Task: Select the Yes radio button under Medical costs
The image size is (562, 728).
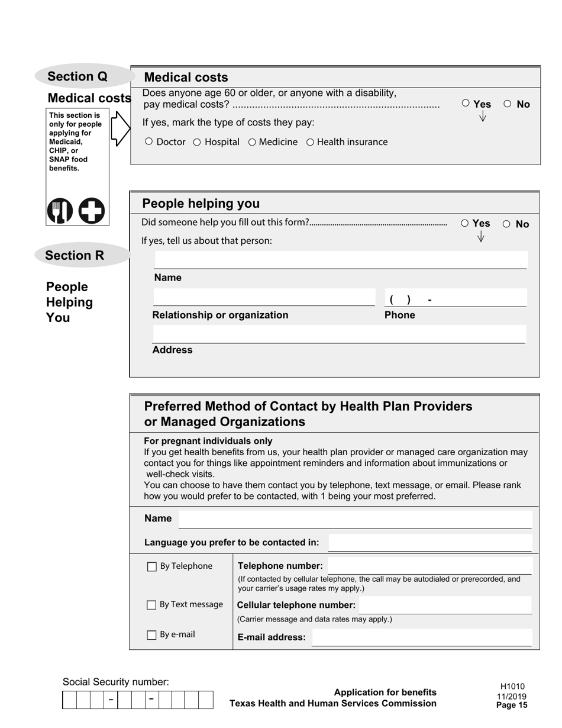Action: coord(466,104)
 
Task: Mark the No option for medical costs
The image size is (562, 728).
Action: coord(507,104)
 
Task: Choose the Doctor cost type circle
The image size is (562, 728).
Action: coord(149,141)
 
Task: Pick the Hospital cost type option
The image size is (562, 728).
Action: coord(197,141)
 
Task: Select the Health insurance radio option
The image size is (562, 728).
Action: coord(310,141)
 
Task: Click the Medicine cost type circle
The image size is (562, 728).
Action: coord(252,141)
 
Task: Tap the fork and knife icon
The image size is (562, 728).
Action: coord(60,211)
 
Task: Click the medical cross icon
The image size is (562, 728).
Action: coord(92,211)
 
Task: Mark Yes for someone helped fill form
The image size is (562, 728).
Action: coord(464,223)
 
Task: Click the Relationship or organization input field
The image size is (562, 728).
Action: coord(264,298)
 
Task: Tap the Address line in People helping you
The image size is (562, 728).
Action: coord(338,334)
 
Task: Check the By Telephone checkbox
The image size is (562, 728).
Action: coord(152,567)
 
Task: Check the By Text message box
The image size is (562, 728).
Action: coord(152,605)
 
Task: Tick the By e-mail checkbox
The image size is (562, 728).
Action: coord(152,635)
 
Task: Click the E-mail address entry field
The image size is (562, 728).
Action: coord(421,637)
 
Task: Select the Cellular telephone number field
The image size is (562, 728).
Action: coord(445,605)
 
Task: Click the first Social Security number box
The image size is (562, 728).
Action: coord(69,700)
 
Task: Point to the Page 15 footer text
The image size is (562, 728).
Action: coord(512,705)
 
